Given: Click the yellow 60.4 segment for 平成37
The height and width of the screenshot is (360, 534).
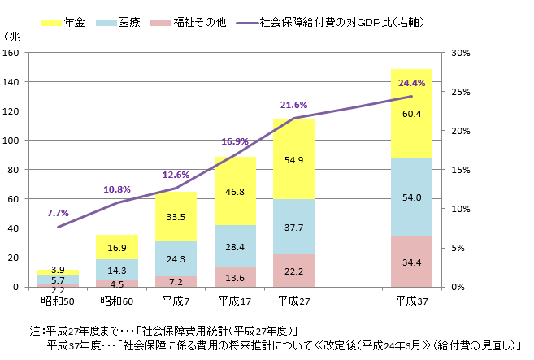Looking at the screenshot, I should (x=411, y=114).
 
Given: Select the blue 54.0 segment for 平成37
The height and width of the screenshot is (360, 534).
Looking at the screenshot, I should (x=411, y=197).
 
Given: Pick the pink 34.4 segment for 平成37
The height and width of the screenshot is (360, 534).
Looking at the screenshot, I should (x=411, y=262).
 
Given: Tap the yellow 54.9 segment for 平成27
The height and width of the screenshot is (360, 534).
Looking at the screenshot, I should (x=293, y=159).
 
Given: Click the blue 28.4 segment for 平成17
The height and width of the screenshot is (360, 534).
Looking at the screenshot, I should (x=235, y=246).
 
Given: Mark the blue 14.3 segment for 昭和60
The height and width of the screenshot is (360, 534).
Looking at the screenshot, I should (x=117, y=270).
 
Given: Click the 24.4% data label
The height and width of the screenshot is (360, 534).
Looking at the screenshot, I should (x=411, y=83).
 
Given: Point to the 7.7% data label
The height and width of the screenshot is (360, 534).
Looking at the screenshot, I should (x=58, y=213).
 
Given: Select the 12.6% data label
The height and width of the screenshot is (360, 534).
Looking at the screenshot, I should (x=176, y=175).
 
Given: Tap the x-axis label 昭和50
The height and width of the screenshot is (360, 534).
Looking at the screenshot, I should (x=58, y=301).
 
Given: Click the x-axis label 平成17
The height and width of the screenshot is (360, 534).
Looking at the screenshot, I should (x=235, y=301).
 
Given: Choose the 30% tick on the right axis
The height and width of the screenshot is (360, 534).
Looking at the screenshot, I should (x=461, y=53).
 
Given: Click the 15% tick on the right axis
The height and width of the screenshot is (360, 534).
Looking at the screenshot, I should (x=461, y=170).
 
